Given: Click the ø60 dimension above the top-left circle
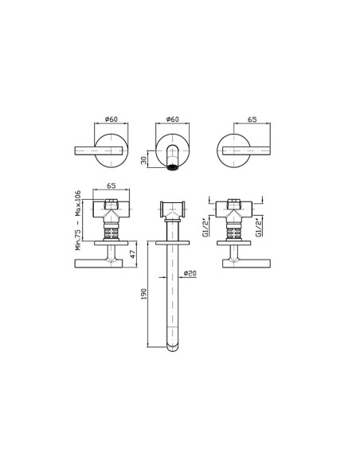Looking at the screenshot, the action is [x=112, y=119].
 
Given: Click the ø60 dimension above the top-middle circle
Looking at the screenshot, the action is [x=173, y=119].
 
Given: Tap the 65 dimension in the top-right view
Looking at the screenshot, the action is [x=252, y=119].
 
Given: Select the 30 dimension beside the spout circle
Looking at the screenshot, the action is [x=144, y=160].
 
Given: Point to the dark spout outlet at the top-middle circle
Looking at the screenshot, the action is [x=172, y=168].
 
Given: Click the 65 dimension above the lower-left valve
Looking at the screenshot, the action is [x=112, y=186].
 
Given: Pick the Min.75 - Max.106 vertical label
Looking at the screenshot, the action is [x=78, y=220].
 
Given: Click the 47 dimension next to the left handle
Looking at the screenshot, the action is [x=133, y=254].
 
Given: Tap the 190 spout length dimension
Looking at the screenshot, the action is [x=144, y=294].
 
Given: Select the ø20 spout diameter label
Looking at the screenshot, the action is [x=190, y=273].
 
